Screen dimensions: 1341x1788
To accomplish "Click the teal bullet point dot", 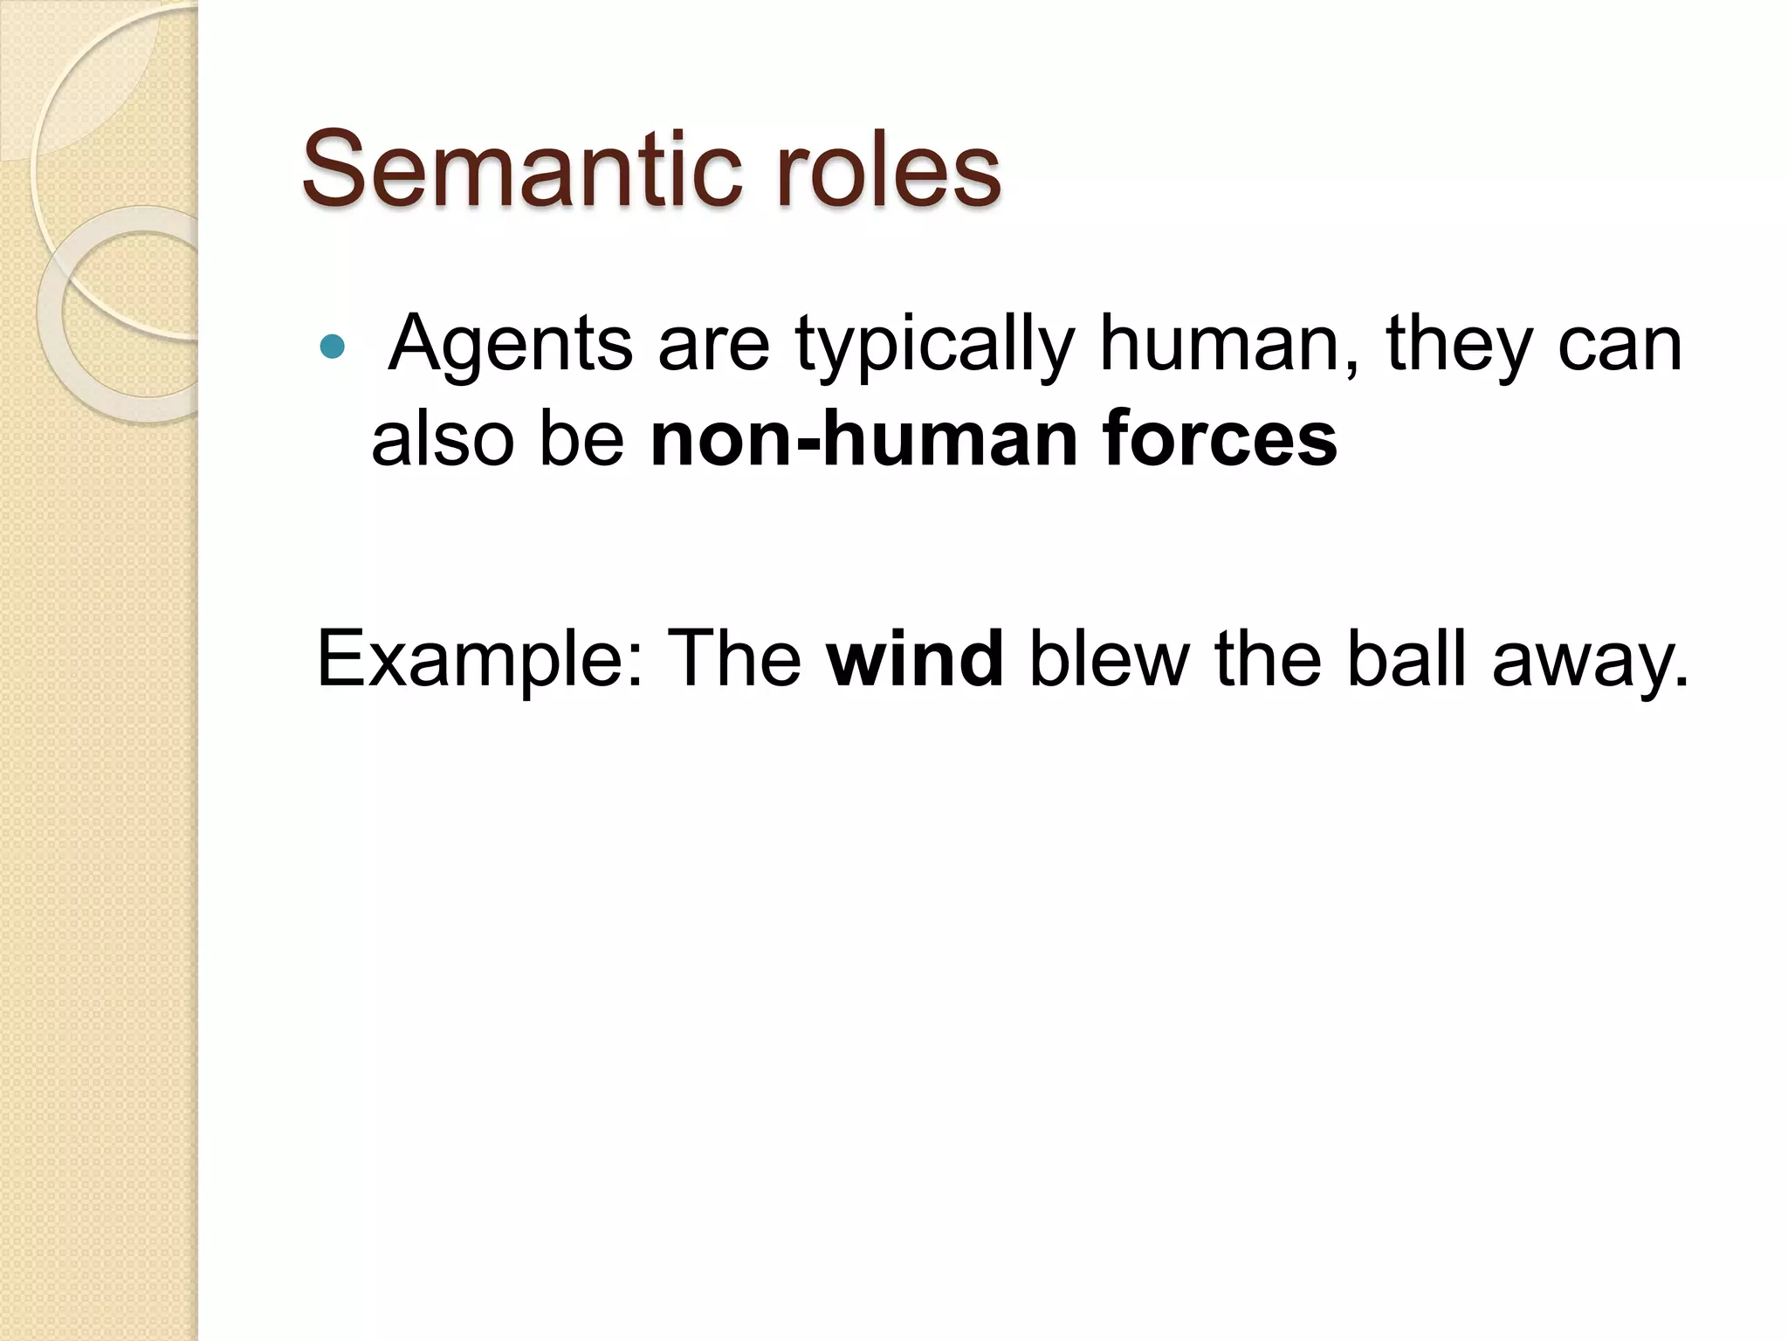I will click(x=332, y=347).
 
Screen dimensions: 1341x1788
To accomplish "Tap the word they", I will click(x=1459, y=343).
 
